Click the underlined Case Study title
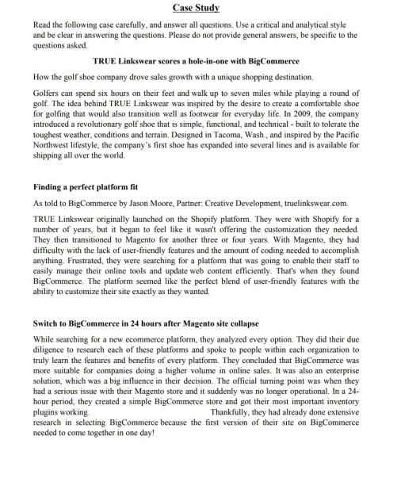point(200,8)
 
